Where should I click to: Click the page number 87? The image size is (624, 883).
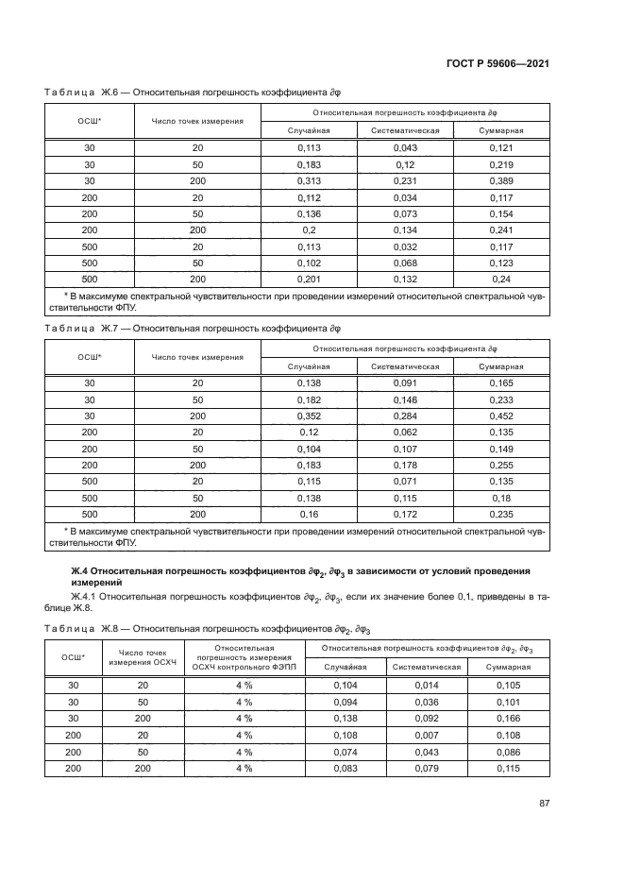click(544, 804)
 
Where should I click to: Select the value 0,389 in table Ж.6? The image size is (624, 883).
click(500, 180)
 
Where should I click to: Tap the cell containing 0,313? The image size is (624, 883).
click(309, 180)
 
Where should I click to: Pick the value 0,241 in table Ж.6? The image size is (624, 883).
click(500, 229)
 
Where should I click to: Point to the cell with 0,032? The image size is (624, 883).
click(404, 246)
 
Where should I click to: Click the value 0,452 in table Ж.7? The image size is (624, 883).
click(500, 416)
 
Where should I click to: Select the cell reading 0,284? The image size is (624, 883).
click(404, 416)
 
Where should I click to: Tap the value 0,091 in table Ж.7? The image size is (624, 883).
click(404, 382)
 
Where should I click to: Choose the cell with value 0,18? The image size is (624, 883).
click(500, 498)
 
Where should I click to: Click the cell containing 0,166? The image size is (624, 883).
click(508, 719)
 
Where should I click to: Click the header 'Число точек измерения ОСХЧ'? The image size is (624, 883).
click(143, 656)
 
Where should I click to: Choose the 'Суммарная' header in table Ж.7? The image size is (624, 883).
click(500, 365)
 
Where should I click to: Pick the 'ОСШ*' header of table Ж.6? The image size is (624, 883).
click(90, 120)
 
